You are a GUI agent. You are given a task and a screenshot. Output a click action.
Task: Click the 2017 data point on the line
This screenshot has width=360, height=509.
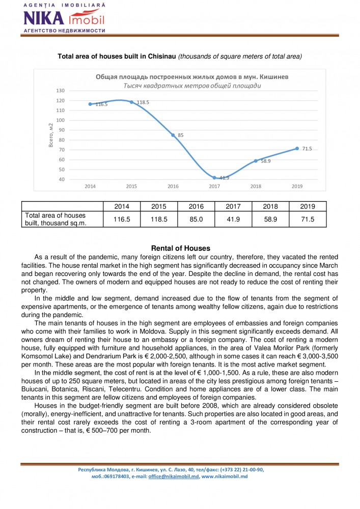[214, 178]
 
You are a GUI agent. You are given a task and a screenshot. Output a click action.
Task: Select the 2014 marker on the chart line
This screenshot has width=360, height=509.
[90, 104]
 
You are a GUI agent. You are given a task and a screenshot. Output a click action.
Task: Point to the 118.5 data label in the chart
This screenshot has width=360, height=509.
[143, 102]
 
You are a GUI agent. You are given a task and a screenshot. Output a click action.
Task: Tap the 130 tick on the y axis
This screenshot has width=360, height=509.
[61, 91]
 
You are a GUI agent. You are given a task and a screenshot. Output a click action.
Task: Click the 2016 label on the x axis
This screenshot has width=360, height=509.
[173, 186]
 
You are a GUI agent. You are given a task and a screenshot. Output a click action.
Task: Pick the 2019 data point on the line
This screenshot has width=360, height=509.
[297, 149]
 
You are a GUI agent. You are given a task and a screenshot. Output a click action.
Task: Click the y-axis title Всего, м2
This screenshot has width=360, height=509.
[51, 135]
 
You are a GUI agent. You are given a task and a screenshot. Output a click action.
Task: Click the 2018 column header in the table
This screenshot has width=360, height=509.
[270, 207]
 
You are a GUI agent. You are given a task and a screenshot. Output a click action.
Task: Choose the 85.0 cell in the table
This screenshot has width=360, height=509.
[196, 219]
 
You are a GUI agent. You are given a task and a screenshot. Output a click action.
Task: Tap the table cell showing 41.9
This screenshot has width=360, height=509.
[233, 219]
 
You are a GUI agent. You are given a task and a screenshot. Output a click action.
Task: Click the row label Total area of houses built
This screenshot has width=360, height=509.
[56, 219]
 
